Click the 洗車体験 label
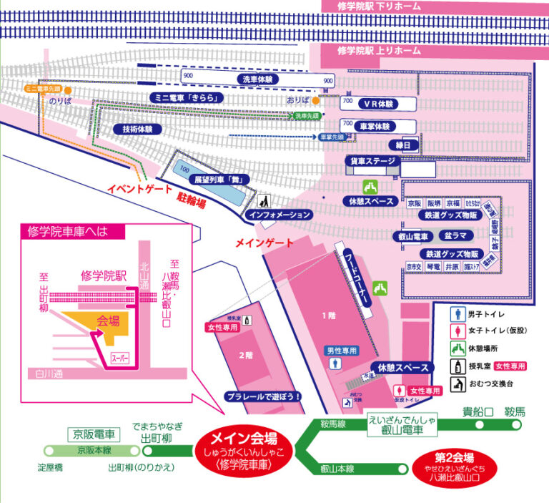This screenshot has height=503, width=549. click(x=256, y=79)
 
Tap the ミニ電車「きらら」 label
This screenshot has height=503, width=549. click(x=186, y=97)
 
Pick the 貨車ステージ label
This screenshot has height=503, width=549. click(x=371, y=162)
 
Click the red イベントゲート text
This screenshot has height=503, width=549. click(x=140, y=190)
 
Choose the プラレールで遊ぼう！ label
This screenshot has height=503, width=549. click(x=262, y=395)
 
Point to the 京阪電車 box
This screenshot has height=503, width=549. click(x=94, y=434)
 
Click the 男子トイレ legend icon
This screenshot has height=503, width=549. click(x=453, y=313)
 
